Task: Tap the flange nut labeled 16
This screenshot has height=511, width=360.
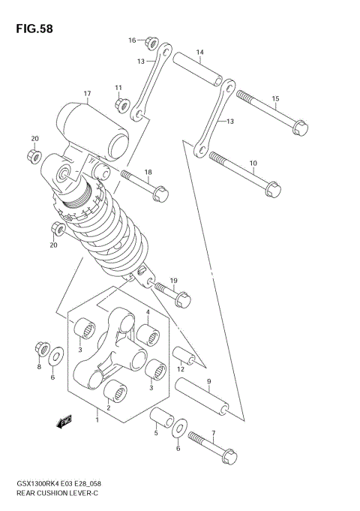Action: pos(151,42)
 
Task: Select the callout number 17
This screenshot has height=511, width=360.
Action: pos(87,94)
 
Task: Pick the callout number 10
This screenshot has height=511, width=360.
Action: pos(252,163)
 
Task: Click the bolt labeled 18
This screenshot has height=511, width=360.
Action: pos(145,186)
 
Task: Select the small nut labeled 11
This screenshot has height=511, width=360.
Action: pos(119,105)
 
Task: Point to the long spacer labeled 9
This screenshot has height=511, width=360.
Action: pos(202,396)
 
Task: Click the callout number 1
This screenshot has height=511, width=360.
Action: pos(96,413)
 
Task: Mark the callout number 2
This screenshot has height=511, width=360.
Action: pos(109,407)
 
